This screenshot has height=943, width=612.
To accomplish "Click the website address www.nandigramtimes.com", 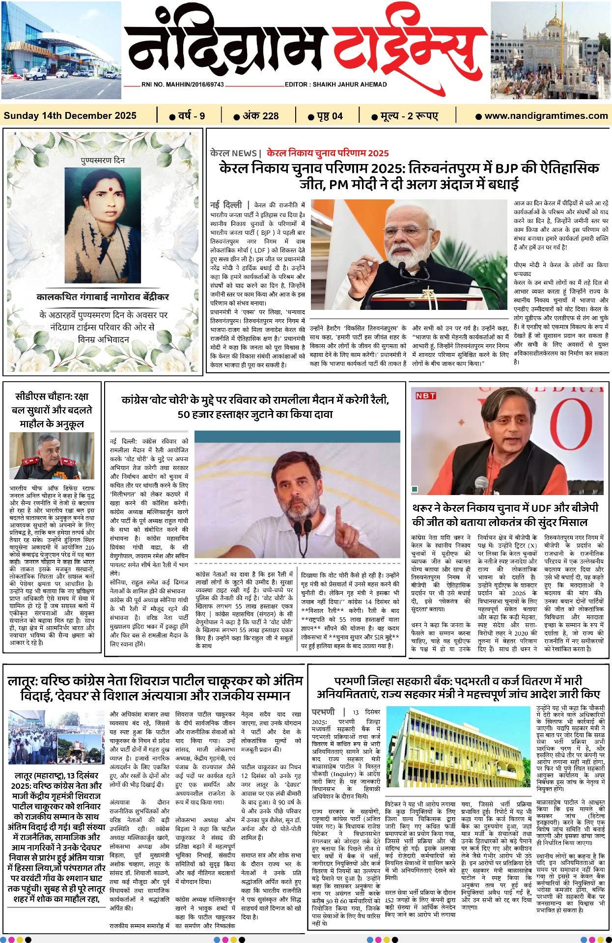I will click(x=546, y=116).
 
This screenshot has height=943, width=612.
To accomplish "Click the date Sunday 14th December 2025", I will click(x=70, y=116).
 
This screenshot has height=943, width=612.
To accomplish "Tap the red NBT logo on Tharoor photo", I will click(x=425, y=395).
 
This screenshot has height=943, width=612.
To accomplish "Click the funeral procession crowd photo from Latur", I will click(x=56, y=737).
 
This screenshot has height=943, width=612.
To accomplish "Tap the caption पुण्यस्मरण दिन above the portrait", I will click(x=103, y=161).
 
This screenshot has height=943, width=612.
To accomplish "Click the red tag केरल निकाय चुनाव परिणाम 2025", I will click(x=328, y=153).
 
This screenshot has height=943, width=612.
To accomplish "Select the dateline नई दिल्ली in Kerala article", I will click(x=226, y=204).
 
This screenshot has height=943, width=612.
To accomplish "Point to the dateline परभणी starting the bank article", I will click(x=323, y=712).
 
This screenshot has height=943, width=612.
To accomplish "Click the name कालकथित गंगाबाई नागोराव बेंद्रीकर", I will click(x=103, y=297).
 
